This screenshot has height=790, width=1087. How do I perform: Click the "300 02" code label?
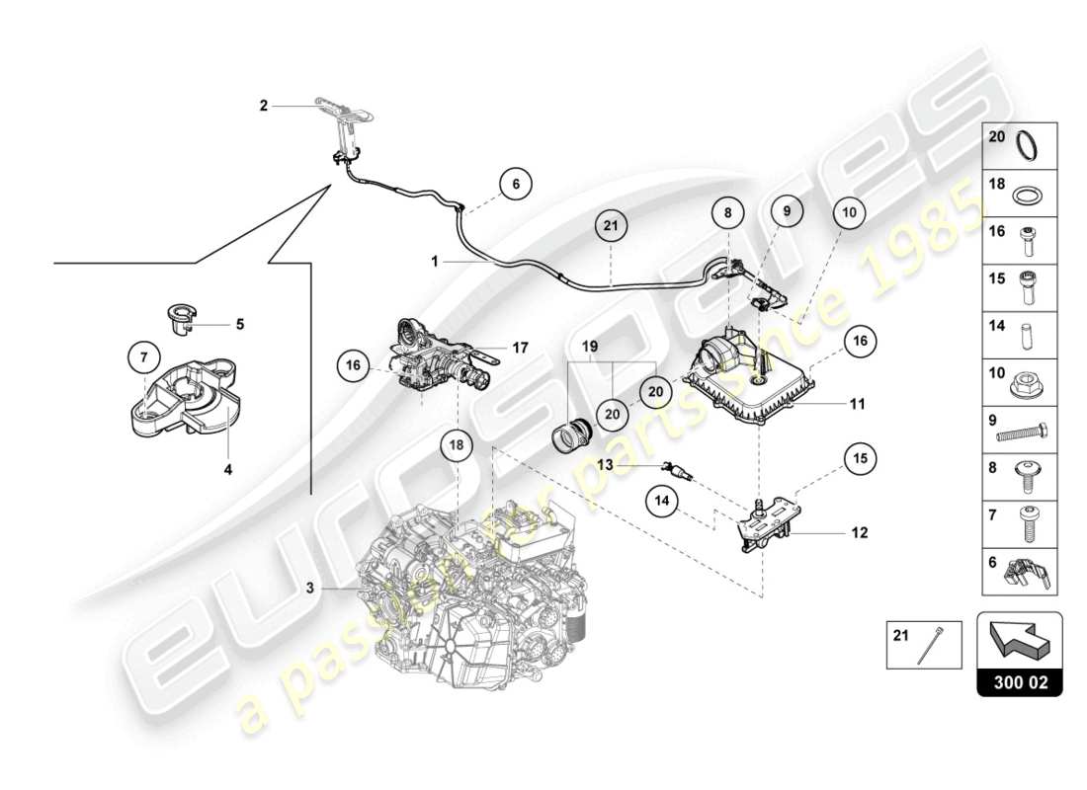pos(1019,681)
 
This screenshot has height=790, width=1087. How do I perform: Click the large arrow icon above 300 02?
pos(1019,638)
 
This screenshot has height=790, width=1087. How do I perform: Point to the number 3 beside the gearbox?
pos(310,589)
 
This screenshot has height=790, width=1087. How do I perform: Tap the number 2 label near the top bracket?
pos(264,106)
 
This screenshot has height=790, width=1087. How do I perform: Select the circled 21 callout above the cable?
pos(612,226)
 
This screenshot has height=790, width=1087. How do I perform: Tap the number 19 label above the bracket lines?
pos(590,348)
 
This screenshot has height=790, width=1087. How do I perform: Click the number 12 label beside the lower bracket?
pos(858,533)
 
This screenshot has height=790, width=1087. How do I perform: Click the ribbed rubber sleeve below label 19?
pos(570,434)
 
